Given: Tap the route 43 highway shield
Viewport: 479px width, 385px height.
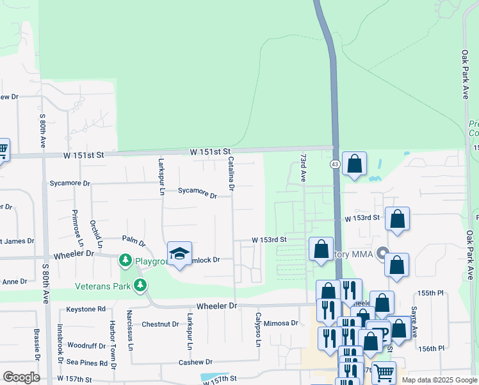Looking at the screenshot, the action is tap(335, 165).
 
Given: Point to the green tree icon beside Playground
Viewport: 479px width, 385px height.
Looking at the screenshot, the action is tap(126, 260).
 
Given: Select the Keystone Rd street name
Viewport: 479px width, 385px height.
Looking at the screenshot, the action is tap(85, 309).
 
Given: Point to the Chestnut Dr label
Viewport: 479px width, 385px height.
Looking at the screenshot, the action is tap(160, 324).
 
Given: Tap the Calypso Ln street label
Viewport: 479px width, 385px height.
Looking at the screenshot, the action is tap(259, 329).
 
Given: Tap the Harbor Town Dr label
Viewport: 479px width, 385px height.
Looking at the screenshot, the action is tap(113, 345).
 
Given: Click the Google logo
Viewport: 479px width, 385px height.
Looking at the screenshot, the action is tap(21, 377).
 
